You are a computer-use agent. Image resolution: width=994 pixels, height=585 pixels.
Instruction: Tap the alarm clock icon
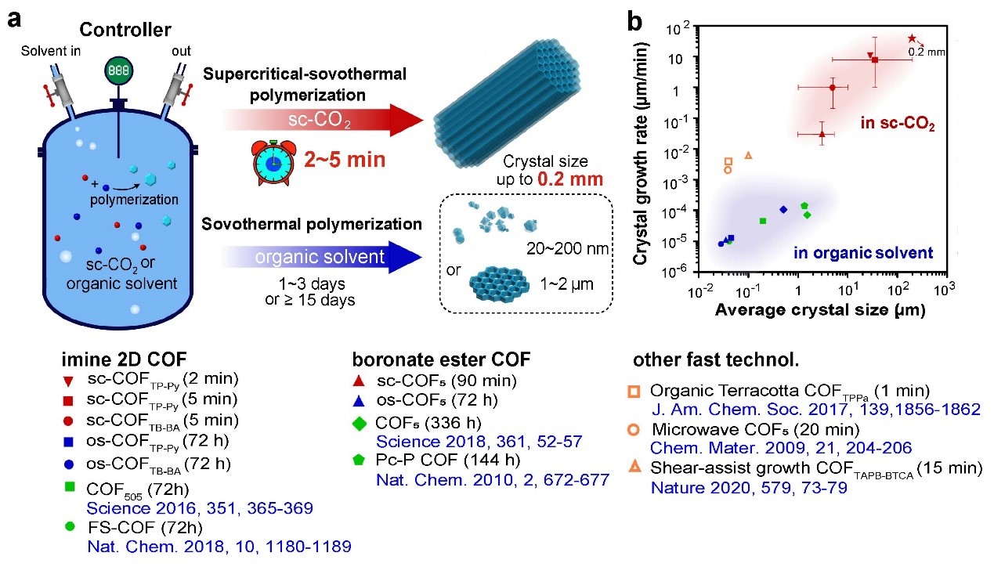[273, 161]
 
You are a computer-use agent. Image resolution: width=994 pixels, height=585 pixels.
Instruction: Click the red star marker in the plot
[912, 38]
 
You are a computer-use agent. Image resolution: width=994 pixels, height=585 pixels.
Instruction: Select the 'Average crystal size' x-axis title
[819, 310]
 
